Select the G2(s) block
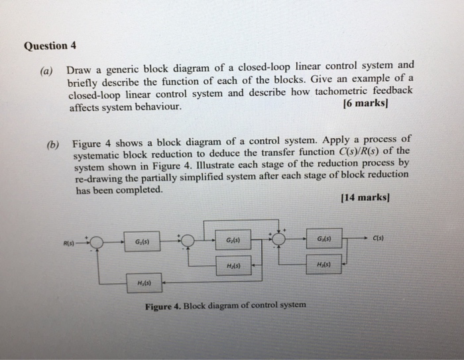(x=233, y=240)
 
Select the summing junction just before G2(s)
(x=188, y=241)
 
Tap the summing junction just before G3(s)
(x=279, y=239)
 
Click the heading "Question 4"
(x=50, y=46)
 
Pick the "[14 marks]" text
(x=364, y=197)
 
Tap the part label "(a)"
(x=49, y=70)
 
